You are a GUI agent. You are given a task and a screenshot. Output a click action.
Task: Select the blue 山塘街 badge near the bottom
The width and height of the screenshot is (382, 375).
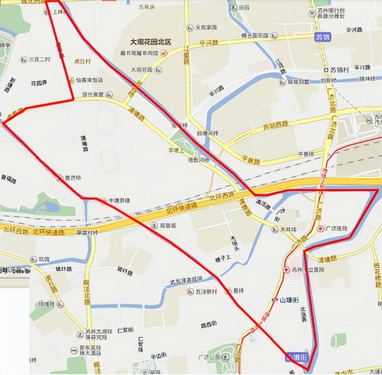click(297, 357)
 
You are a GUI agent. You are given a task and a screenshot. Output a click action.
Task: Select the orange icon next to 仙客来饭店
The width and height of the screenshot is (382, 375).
click(71, 80)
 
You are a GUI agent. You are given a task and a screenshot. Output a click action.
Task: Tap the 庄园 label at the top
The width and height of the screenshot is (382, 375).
click(243, 8)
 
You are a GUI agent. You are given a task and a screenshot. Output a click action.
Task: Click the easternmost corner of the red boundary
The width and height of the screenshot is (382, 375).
click(378, 190)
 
